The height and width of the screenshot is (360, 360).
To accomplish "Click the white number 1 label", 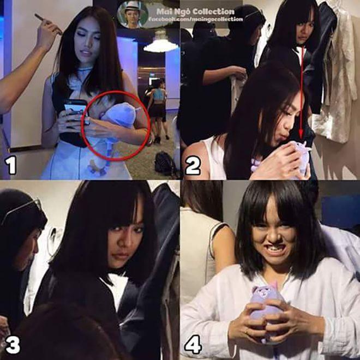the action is (x=11, y=165).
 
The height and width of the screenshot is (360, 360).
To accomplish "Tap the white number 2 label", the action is (x=193, y=166).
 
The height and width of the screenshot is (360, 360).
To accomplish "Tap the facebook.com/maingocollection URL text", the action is (x=195, y=19).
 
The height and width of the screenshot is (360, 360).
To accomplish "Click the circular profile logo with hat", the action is (x=133, y=14).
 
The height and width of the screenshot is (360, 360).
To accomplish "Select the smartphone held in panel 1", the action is (x=75, y=109).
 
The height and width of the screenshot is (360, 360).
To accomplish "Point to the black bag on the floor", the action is (x=164, y=162).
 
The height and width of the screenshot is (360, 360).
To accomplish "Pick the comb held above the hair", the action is (x=48, y=23).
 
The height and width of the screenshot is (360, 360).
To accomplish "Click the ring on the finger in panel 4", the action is (x=246, y=332).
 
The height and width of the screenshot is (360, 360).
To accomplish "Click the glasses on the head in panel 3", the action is (x=22, y=210).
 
